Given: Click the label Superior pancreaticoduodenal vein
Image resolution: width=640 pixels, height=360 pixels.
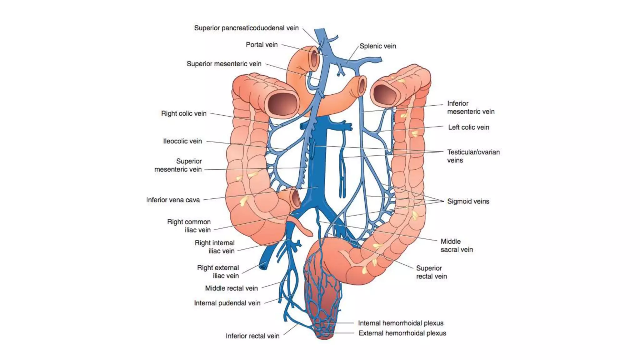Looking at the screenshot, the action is (246, 28).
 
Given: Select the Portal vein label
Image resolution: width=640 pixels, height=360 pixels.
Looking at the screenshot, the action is (262, 45).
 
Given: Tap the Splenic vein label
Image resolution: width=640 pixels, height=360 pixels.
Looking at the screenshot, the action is (377, 46).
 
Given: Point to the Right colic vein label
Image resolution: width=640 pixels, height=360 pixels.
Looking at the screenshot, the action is (184, 113).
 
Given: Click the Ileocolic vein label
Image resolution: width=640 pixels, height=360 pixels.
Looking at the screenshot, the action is (182, 141).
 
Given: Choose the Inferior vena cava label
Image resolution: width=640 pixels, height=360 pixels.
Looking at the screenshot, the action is (173, 200).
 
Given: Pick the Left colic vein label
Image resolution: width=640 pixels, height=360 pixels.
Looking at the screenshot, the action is (468, 127).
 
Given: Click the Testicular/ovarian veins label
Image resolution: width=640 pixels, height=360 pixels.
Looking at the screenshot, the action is (473, 156).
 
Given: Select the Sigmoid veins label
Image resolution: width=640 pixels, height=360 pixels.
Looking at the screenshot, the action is (468, 201).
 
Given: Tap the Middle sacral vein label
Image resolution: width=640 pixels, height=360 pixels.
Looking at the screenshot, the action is (457, 245).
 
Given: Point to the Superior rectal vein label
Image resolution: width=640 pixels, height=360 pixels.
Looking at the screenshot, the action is (431, 272).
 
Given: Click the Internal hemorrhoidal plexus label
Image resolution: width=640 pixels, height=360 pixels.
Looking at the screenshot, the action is (401, 323).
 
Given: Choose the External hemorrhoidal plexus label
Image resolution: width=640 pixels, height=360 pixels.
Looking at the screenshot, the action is (402, 333).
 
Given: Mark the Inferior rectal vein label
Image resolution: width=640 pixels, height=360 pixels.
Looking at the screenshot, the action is (252, 336).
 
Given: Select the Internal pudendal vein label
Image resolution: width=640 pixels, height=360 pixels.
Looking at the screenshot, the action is (227, 303).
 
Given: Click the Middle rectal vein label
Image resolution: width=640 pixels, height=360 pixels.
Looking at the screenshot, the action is (231, 288).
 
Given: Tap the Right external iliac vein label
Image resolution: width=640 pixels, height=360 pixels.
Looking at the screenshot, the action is (218, 272).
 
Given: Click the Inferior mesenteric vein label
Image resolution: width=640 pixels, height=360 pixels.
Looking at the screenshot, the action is (471, 107).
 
